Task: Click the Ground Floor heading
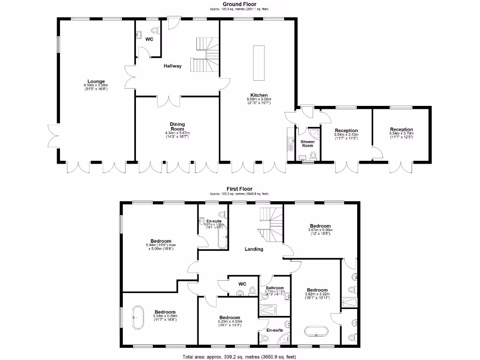tap(239, 4)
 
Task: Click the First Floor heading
tap(239, 189)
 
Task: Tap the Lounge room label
tap(96, 81)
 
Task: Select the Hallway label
tap(172, 66)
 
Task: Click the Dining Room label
tap(177, 127)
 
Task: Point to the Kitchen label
tap(259, 95)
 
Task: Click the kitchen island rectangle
tap(258, 63)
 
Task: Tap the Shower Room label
tap(307, 143)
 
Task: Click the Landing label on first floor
tap(254, 249)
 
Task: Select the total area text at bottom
tap(239, 357)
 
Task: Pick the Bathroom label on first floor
tap(275, 288)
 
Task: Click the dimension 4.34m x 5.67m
tap(177, 133)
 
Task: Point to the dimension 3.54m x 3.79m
tap(401, 134)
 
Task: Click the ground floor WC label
tap(149, 39)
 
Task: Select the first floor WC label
tap(242, 284)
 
